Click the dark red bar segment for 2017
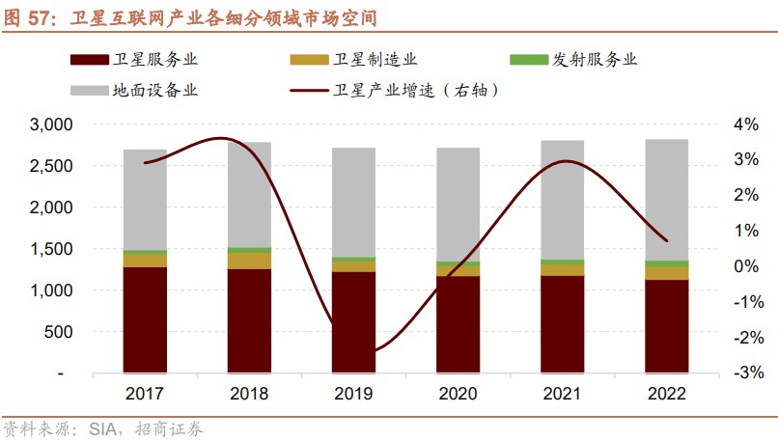(145, 319)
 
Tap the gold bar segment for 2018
(249, 261)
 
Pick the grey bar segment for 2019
(353, 202)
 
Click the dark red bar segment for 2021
(562, 323)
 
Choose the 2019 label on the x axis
(353, 394)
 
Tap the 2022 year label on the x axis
(666, 394)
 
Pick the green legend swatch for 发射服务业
(526, 60)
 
